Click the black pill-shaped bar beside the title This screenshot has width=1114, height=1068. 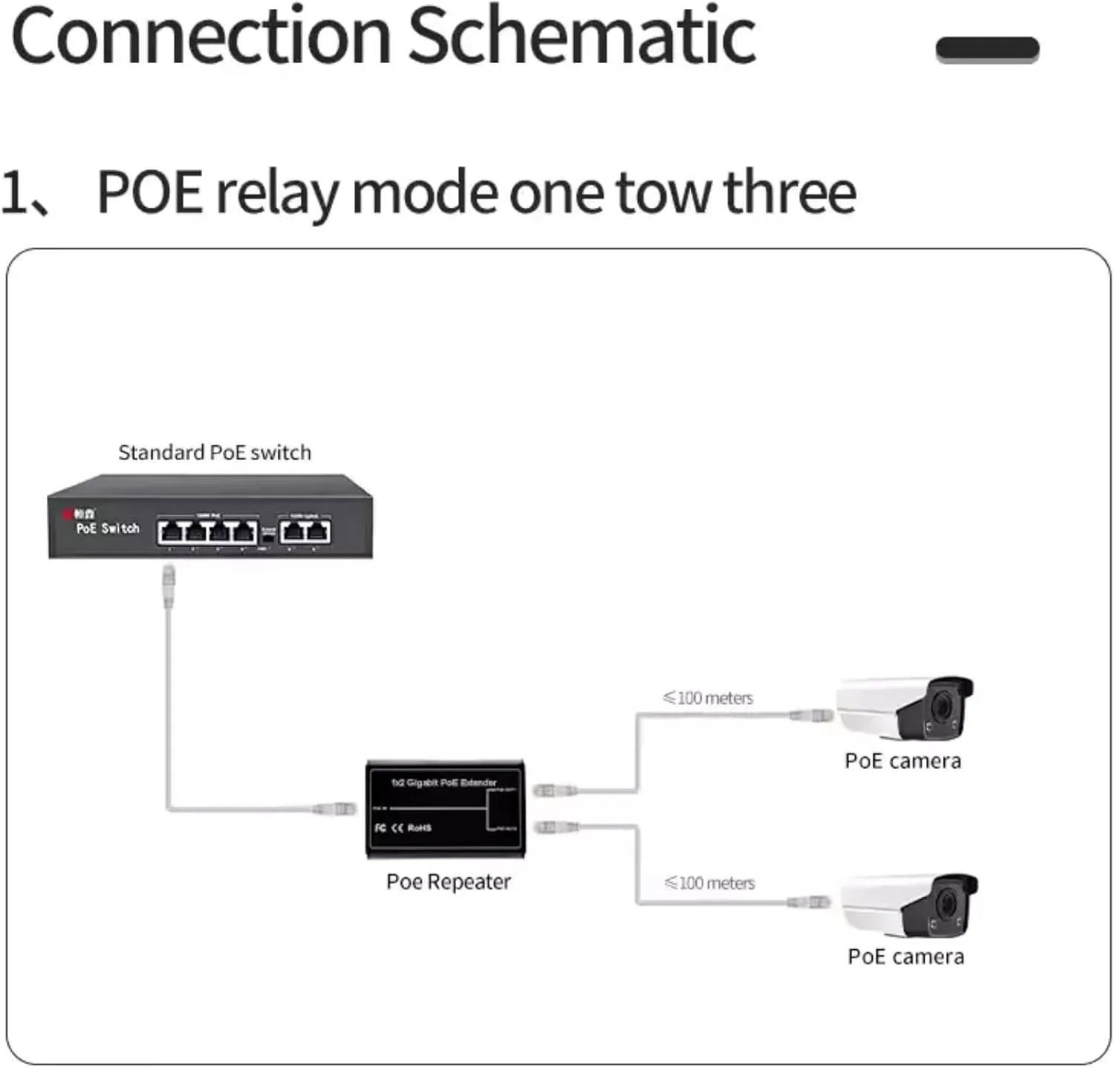pos(987,49)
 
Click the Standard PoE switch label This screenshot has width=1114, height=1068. pos(215,453)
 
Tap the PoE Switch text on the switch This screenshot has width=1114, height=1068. pos(108,528)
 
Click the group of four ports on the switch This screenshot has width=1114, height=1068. pos(207,531)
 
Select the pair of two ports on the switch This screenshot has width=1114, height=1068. pos(305,531)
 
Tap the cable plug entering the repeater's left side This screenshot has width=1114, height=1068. pos(336,808)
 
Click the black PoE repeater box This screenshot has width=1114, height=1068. pos(446,809)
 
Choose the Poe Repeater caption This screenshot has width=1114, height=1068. pos(449,882)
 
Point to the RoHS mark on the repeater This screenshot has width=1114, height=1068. pos(419,828)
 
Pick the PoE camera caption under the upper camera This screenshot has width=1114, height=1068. pos(903,761)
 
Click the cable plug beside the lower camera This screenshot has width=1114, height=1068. pos(810,902)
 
